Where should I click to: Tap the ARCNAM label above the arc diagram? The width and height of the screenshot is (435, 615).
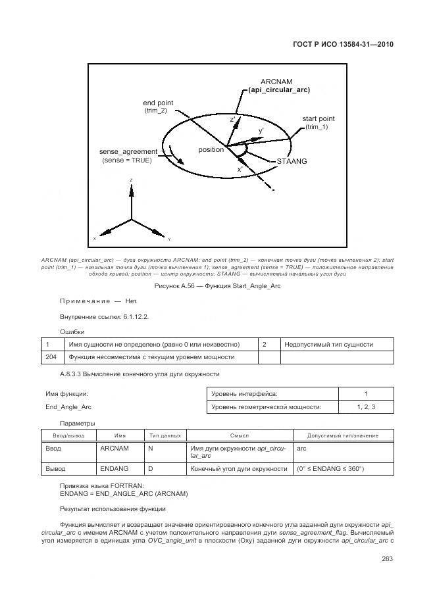pyautogui.click(x=276, y=81)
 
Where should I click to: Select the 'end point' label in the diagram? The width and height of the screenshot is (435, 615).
pyautogui.click(x=159, y=103)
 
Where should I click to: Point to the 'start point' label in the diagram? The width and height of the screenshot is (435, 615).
pyautogui.click(x=319, y=118)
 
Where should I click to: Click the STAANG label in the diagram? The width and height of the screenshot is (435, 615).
pyautogui.click(x=292, y=160)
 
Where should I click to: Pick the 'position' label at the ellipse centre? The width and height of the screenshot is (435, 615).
pyautogui.click(x=211, y=150)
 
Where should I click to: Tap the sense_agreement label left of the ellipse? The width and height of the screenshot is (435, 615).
pyautogui.click(x=128, y=151)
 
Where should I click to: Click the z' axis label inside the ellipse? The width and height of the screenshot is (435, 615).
pyautogui.click(x=232, y=120)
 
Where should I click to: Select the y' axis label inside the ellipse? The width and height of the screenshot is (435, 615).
pyautogui.click(x=261, y=132)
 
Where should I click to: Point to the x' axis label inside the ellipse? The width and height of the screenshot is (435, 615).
pyautogui.click(x=240, y=169)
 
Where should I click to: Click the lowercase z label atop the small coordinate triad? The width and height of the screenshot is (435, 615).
pyautogui.click(x=132, y=180)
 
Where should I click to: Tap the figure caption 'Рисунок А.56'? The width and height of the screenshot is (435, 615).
pyautogui.click(x=217, y=286)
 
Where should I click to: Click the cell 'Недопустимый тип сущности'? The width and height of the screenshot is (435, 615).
pyautogui.click(x=328, y=344)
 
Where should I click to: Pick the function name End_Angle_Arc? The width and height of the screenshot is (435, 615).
pyautogui.click(x=68, y=407)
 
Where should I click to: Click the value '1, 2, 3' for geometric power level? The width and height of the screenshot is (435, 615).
pyautogui.click(x=366, y=407)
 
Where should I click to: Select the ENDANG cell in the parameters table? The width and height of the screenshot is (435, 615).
pyautogui.click(x=114, y=469)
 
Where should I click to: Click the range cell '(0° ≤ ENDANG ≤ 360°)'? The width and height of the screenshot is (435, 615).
pyautogui.click(x=330, y=469)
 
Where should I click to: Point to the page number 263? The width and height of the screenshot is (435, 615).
pyautogui.click(x=386, y=560)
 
